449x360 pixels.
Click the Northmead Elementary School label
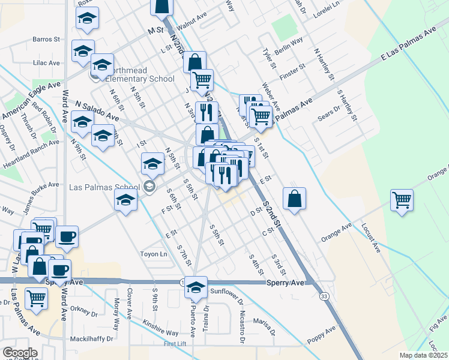140,79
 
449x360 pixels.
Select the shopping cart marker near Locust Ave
402,200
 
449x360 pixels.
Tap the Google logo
20,353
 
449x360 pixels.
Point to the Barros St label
47,40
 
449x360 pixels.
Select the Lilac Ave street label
47,62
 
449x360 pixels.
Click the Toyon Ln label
154,254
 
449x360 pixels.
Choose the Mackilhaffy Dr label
91,339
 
